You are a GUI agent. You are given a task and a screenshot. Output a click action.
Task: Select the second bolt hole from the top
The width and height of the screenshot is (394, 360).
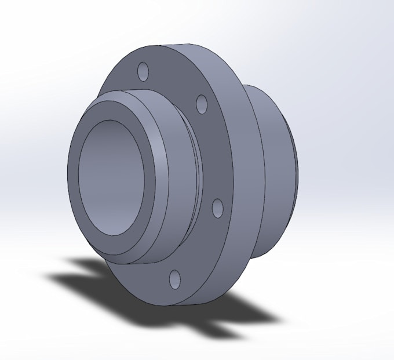(x=202, y=104)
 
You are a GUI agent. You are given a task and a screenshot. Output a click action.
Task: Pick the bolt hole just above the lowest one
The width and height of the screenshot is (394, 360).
(x=218, y=208)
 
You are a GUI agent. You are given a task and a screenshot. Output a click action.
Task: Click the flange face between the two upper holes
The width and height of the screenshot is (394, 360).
(x=174, y=84)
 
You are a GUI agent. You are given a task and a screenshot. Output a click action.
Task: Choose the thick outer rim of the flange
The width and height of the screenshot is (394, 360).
(x=243, y=174)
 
